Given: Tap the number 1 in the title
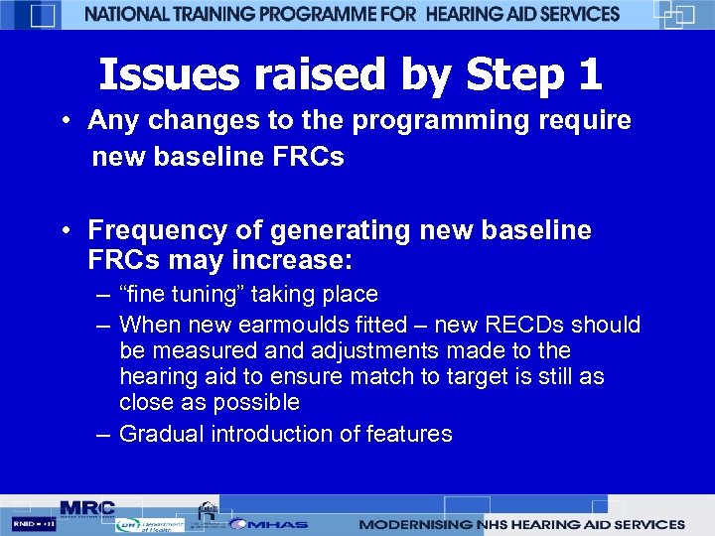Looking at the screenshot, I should click(587, 74).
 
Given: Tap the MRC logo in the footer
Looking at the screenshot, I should click(86, 508).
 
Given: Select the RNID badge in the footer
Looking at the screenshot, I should click(34, 523).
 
